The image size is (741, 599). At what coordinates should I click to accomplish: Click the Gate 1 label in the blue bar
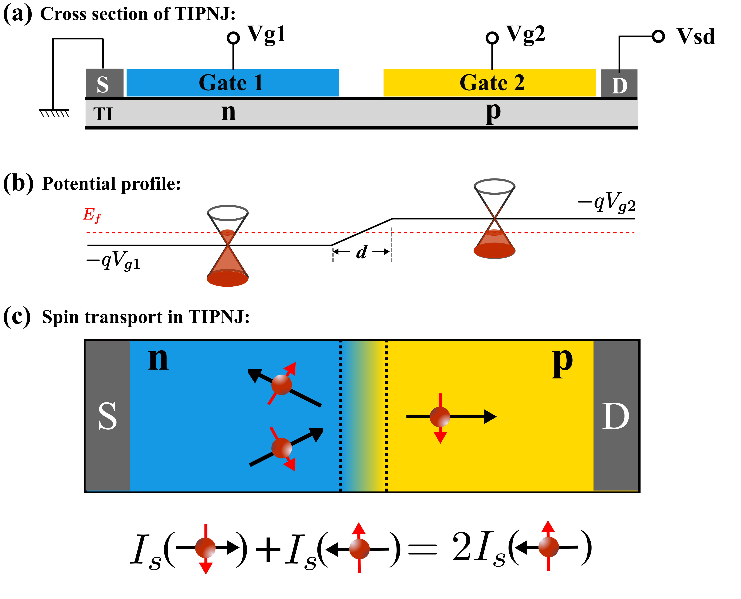pyautogui.click(x=231, y=83)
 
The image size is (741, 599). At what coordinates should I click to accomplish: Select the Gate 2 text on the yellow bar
pyautogui.click(x=492, y=83)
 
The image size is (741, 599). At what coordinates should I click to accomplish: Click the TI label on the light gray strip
pyautogui.click(x=103, y=114)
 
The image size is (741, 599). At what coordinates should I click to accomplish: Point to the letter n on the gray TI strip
pyautogui.click(x=228, y=112)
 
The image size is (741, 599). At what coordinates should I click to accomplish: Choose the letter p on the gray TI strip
pyautogui.click(x=493, y=112)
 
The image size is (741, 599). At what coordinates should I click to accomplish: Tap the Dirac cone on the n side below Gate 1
pyautogui.click(x=227, y=262)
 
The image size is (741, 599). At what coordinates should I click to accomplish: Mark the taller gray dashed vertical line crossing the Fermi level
pyautogui.click(x=391, y=245)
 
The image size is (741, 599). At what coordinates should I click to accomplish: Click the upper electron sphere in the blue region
pyautogui.click(x=282, y=385)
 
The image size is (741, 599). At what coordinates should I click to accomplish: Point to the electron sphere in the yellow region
pyautogui.click(x=440, y=417)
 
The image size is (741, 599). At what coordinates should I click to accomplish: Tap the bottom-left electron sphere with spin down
pyautogui.click(x=205, y=548)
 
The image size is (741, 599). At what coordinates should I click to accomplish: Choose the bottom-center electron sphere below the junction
pyautogui.click(x=359, y=549)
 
